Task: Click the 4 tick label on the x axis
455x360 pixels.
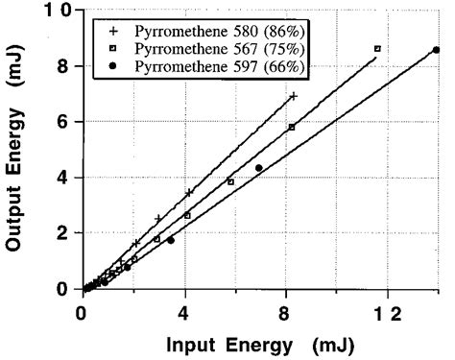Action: coord(183,311)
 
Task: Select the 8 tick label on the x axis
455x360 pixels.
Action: coord(285,311)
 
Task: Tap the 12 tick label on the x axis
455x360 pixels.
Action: coord(386,311)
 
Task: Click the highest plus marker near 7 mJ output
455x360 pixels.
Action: coord(293,96)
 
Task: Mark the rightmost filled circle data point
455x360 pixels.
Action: coord(437,50)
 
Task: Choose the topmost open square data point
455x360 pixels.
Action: coord(377,48)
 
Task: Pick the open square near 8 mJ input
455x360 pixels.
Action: coord(291,127)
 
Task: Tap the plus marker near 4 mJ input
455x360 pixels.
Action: coord(189,193)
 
